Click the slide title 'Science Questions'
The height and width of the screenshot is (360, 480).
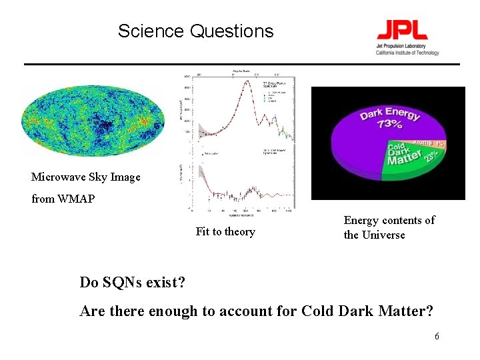pos(195,31)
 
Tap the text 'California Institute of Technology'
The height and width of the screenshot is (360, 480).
pos(407,53)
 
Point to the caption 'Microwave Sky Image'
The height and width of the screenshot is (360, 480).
pos(86,177)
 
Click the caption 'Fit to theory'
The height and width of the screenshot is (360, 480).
pos(225,231)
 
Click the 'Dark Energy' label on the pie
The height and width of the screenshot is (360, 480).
pos(390,113)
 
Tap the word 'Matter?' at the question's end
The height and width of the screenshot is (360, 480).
pos(407,311)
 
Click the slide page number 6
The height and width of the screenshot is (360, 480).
pos(437,337)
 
